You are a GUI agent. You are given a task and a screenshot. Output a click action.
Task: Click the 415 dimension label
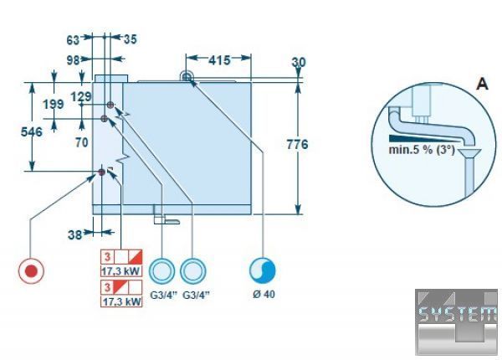[x=219, y=60]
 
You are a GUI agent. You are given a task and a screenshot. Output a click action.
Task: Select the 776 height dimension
[x=297, y=145]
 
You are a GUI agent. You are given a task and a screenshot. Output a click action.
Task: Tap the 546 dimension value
[x=32, y=131]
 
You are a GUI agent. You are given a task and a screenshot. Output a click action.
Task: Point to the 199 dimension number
[x=54, y=104]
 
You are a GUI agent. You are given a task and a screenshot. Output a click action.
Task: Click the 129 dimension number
[x=80, y=96]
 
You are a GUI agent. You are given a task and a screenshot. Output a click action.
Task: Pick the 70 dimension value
[x=82, y=142]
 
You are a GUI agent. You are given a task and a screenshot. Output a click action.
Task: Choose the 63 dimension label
[x=73, y=40]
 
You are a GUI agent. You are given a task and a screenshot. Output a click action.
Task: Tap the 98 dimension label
[x=73, y=60]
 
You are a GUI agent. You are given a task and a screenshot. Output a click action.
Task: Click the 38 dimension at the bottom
[x=75, y=235]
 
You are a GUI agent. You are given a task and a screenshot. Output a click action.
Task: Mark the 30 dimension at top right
[x=299, y=62]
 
